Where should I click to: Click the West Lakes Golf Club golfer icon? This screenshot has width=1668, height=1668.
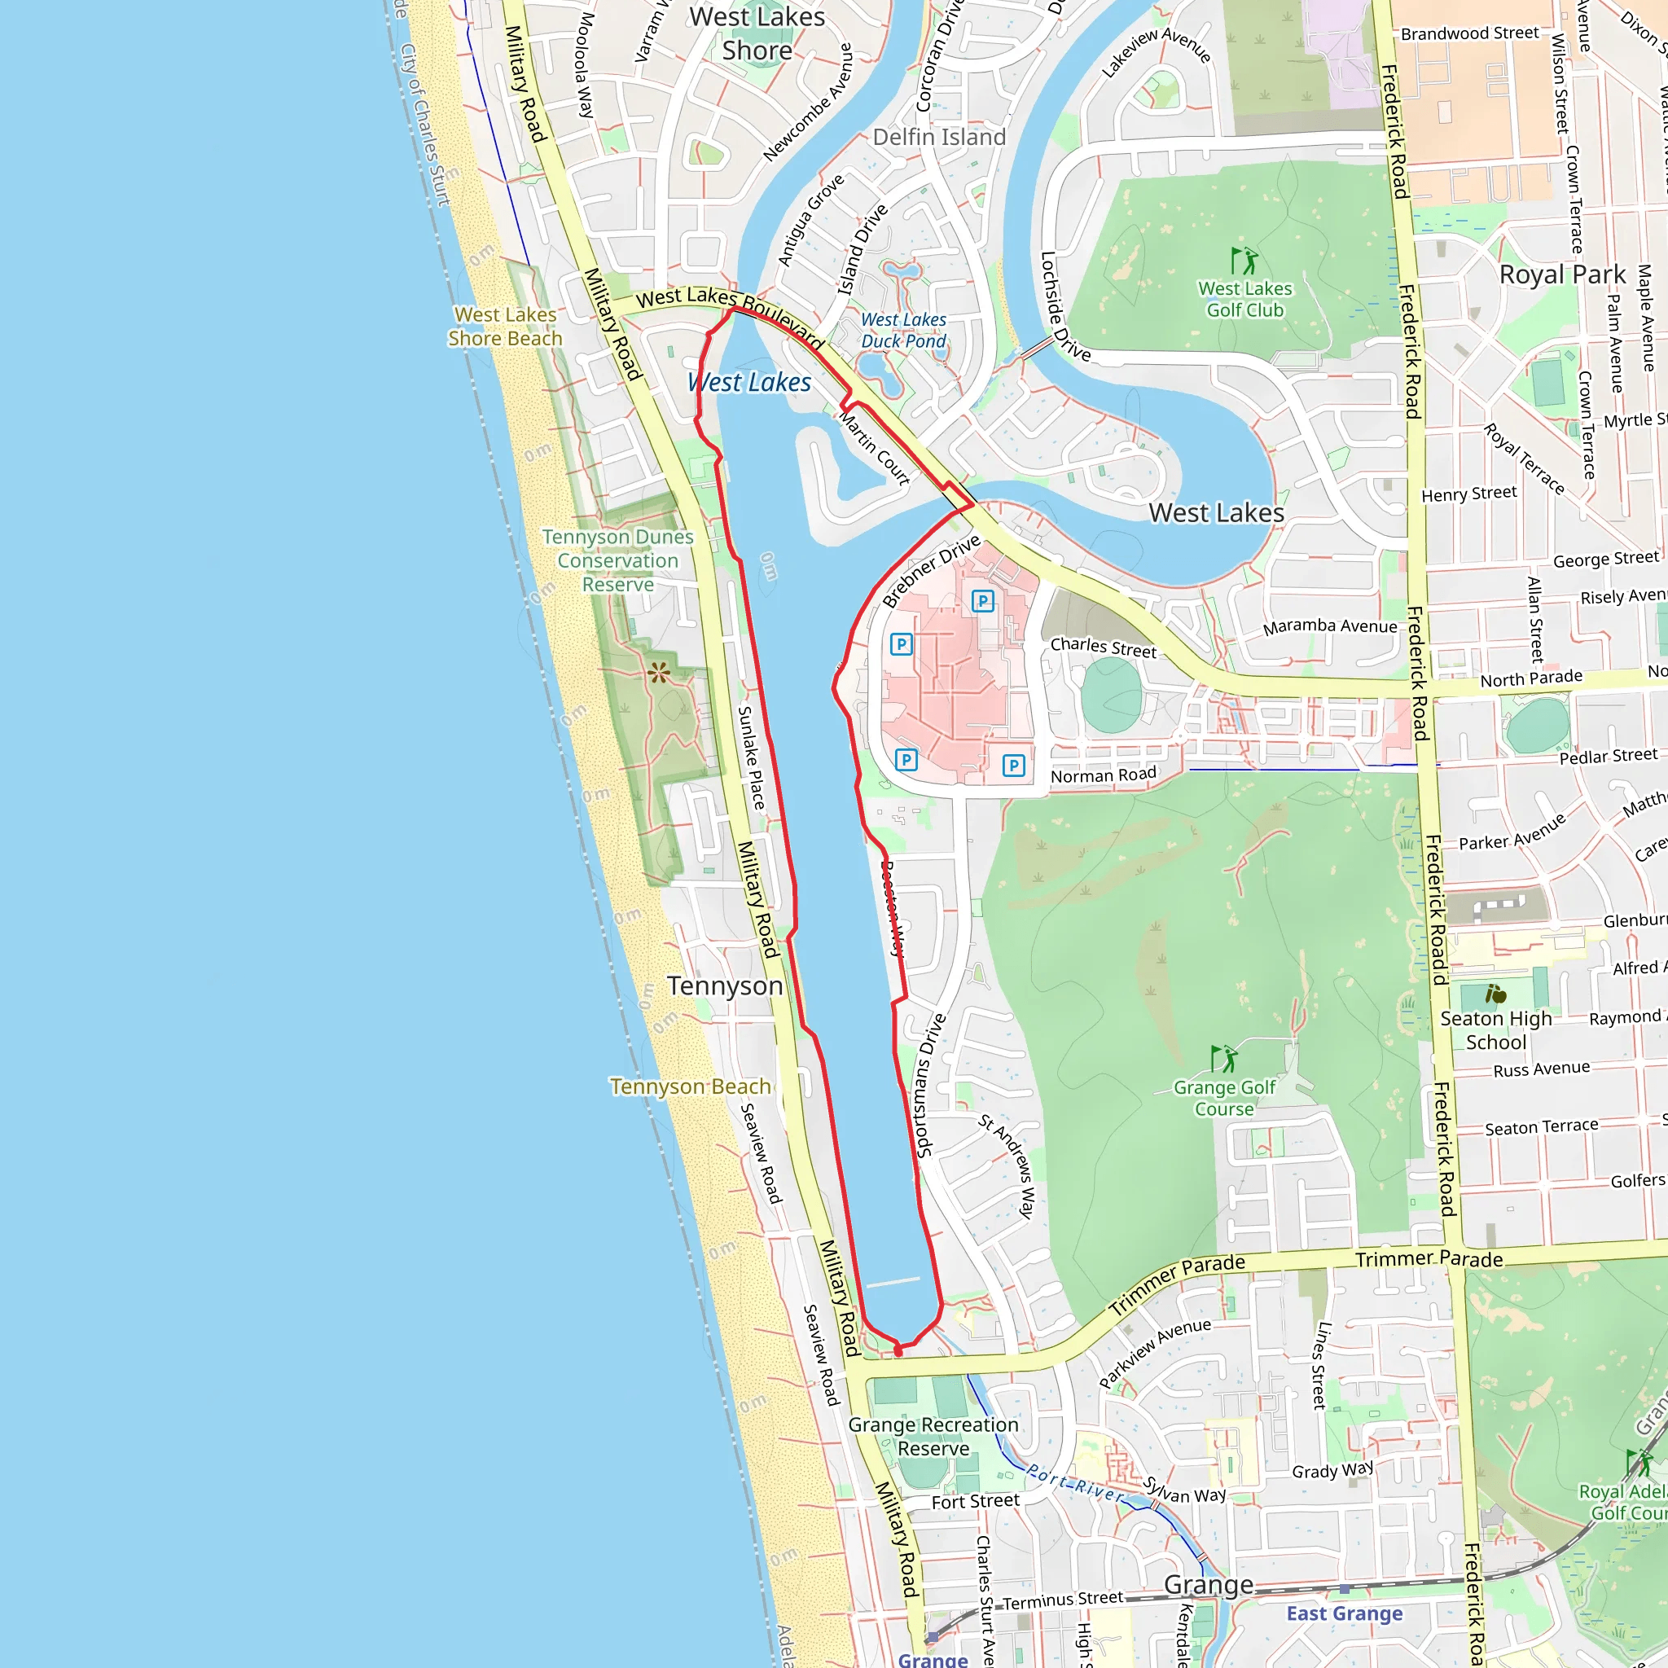coord(1244,261)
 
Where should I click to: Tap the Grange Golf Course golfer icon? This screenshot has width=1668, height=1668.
coord(1223,1059)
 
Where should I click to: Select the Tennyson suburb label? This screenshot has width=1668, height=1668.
coord(724,986)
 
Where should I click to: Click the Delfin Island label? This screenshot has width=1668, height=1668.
coord(939,138)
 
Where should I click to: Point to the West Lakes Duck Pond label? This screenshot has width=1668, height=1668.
coord(903,331)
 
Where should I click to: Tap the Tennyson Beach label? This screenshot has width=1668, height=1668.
coord(690,1086)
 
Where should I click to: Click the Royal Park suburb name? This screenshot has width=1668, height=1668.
coord(1562,274)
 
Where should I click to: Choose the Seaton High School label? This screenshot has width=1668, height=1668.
coord(1495,1030)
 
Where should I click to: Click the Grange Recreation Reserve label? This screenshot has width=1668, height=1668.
coord(933,1437)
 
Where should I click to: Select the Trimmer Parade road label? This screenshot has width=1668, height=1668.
coord(1429,1259)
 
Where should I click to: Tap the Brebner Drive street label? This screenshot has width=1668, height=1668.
coord(932,571)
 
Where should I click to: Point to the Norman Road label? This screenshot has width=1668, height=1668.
coord(1103,775)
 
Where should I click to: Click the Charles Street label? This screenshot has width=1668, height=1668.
coord(1103,647)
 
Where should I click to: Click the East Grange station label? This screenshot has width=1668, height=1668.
coord(1344,1613)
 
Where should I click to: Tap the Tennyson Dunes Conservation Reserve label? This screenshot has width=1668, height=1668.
coord(617,560)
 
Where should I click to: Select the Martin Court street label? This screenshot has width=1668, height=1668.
coord(875,449)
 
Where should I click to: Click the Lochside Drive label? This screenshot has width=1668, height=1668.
coord(1064,306)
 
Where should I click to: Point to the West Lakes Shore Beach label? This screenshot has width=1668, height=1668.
coord(505,327)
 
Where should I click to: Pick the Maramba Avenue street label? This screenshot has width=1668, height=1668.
coord(1329,626)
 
